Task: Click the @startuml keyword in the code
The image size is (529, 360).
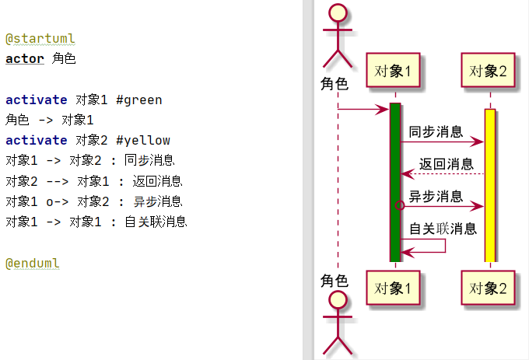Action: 40,38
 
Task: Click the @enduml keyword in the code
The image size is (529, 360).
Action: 33,263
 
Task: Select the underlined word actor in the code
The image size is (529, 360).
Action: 25,58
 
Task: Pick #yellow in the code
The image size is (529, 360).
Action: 142,140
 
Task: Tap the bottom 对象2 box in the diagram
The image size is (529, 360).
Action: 489,288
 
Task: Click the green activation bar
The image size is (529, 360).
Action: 394,183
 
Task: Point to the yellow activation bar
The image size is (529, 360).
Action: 489,187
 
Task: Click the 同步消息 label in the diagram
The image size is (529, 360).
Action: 436,131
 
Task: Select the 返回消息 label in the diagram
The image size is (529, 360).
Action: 446,164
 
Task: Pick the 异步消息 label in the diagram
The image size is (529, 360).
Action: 436,196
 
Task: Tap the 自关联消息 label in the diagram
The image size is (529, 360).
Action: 443,229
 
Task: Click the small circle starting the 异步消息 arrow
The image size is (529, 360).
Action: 400,206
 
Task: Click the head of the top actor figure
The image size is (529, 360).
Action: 338,13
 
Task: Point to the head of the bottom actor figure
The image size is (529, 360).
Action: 338,301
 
